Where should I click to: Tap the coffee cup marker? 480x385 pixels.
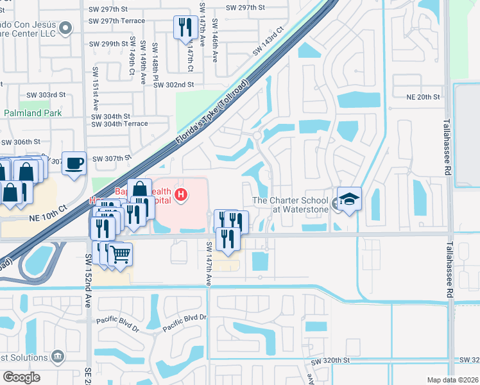(x=75, y=163)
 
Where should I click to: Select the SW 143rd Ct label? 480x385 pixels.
(x=268, y=41)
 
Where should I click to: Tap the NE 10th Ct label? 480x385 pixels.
(x=47, y=218)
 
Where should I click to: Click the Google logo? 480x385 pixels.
(x=21, y=377)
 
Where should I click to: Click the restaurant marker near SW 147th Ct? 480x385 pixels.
(x=185, y=27)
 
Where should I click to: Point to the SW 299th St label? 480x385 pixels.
(x=110, y=44)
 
